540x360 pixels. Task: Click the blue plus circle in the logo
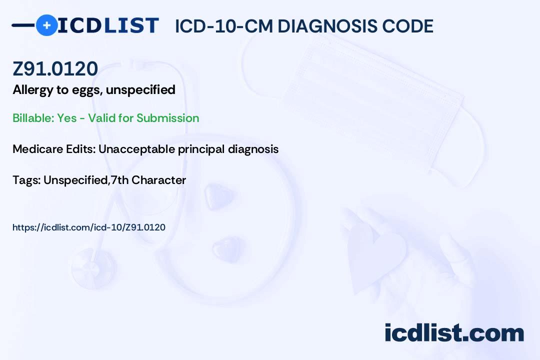pos(47,25)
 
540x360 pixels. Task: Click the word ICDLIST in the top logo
pos(108,25)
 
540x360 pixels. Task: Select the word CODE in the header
pos(403,26)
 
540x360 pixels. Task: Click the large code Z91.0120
pos(55,68)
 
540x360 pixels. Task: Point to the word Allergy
pos(33,90)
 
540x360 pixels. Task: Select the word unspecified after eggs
pos(140,90)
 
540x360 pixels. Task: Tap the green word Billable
pos(33,118)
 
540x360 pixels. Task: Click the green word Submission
pos(167,118)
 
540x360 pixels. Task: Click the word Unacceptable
pos(136,149)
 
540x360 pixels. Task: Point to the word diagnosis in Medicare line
pos(253,149)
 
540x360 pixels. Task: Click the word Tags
pos(26,180)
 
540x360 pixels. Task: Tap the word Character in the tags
pos(159,180)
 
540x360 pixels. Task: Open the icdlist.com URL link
pos(89,227)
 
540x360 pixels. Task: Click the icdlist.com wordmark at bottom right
pos(454,333)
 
